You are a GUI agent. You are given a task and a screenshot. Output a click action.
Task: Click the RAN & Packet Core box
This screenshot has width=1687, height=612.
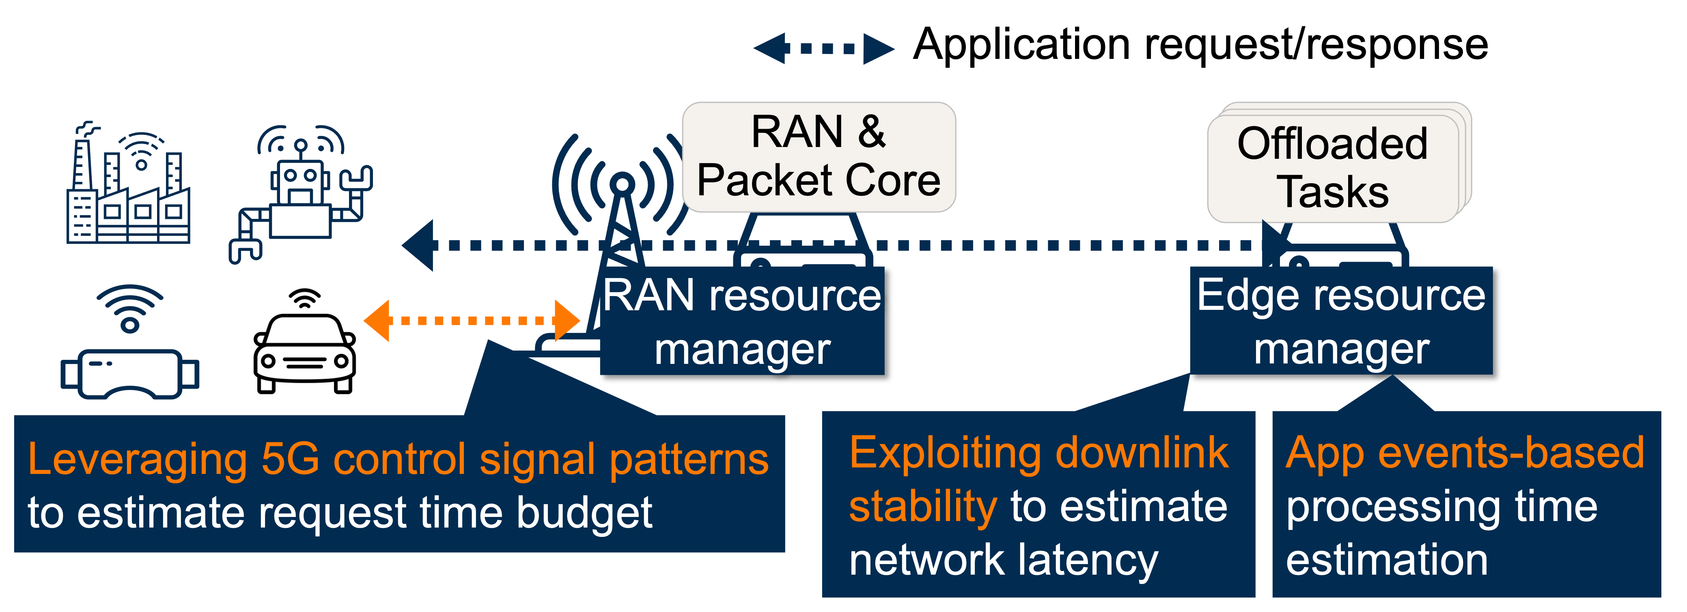point(819,157)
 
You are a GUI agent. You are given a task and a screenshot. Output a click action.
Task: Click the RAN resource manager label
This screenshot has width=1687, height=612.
point(742,321)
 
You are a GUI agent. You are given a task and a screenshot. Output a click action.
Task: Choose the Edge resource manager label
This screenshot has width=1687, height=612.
point(1341,321)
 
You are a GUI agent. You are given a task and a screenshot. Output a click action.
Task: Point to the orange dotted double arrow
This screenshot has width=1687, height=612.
point(472,320)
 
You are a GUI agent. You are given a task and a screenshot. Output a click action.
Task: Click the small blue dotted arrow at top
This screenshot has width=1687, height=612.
point(824,48)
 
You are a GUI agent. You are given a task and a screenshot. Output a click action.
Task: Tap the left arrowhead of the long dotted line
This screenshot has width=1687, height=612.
point(419,246)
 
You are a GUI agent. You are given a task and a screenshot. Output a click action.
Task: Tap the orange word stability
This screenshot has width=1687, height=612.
point(923,506)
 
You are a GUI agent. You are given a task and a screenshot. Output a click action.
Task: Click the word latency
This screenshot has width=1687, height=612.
point(1088,561)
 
